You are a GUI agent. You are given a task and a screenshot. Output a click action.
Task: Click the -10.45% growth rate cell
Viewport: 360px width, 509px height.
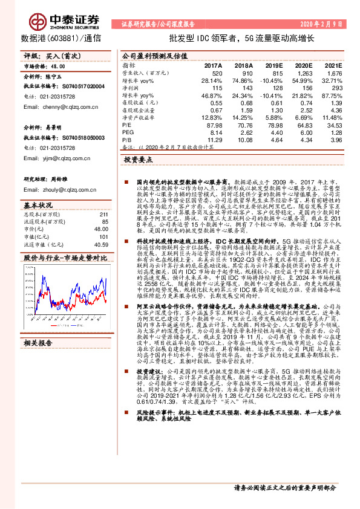pos(270,80)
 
